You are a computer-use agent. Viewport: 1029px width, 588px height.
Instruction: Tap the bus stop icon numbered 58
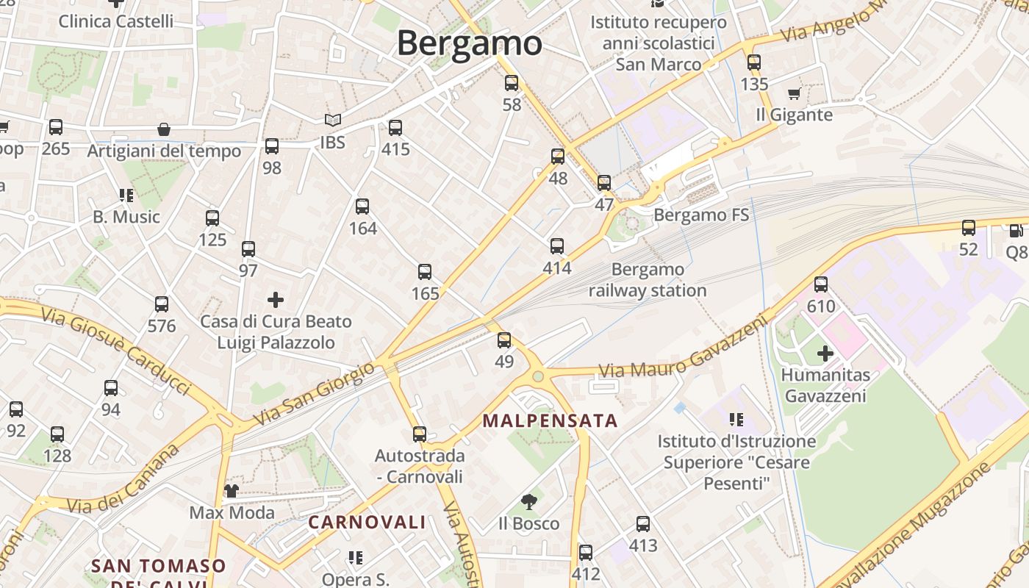(x=512, y=83)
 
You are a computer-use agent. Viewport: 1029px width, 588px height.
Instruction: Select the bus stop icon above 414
(x=557, y=246)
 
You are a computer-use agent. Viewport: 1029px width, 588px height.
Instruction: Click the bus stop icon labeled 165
(x=425, y=272)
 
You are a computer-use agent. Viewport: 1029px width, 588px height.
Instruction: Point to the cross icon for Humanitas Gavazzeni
(x=825, y=354)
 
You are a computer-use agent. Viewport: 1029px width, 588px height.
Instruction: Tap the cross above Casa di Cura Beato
(x=276, y=300)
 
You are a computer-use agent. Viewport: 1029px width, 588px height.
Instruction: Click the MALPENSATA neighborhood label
(x=550, y=421)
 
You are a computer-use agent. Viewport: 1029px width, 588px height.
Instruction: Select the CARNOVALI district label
(x=367, y=523)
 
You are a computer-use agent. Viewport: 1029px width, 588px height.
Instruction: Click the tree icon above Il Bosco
(x=528, y=503)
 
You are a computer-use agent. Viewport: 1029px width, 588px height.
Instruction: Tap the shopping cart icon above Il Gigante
(x=794, y=94)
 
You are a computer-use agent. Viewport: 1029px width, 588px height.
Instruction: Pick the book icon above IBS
(x=333, y=121)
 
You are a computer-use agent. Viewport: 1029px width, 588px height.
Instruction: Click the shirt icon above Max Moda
(x=232, y=491)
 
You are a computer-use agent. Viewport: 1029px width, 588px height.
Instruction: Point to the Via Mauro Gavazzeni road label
(x=684, y=354)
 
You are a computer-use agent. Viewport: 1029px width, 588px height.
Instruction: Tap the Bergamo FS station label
(x=701, y=215)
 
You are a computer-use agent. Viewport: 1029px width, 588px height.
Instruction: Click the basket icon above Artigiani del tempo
(x=164, y=130)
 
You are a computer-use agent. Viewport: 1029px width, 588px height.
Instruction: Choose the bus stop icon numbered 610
(x=821, y=284)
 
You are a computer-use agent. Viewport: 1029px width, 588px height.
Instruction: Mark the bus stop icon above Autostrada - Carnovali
(x=420, y=434)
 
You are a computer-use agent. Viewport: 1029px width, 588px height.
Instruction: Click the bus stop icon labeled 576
(x=162, y=304)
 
